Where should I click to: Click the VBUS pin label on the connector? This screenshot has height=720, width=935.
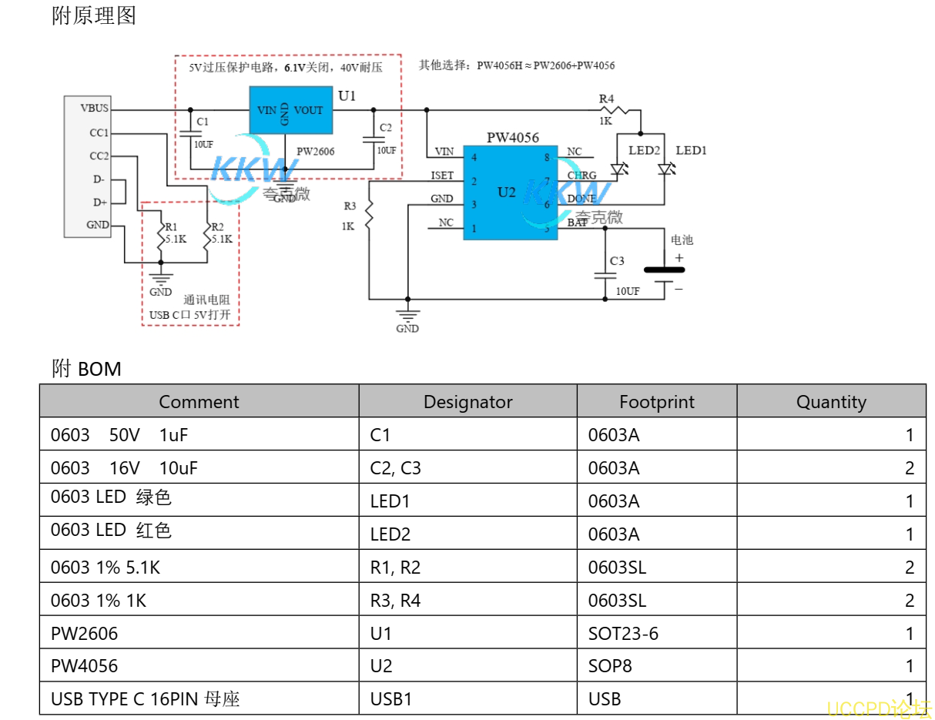point(94,109)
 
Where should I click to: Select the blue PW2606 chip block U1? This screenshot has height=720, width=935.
point(290,111)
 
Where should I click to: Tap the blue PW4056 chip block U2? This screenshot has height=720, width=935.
point(506,192)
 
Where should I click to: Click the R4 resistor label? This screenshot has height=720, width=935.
point(607,99)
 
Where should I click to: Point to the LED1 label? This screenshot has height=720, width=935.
point(691,150)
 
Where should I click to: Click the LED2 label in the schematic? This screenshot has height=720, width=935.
point(644,150)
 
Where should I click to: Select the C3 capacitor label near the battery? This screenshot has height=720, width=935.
point(617,261)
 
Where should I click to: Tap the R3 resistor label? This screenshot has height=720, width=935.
point(350,206)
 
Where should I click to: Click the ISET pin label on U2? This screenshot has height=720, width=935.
point(442,176)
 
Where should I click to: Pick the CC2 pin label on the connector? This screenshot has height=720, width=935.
point(99,156)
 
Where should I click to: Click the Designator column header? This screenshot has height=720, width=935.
point(467,402)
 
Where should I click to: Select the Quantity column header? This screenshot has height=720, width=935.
point(831,402)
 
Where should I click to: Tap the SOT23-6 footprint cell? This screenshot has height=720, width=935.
point(623,634)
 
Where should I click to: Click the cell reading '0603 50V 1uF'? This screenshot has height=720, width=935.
point(119,435)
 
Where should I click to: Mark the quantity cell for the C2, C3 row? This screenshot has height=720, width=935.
point(909,468)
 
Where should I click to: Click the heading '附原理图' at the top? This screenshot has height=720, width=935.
point(94,16)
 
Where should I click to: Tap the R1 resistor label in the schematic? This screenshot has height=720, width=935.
point(171,227)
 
